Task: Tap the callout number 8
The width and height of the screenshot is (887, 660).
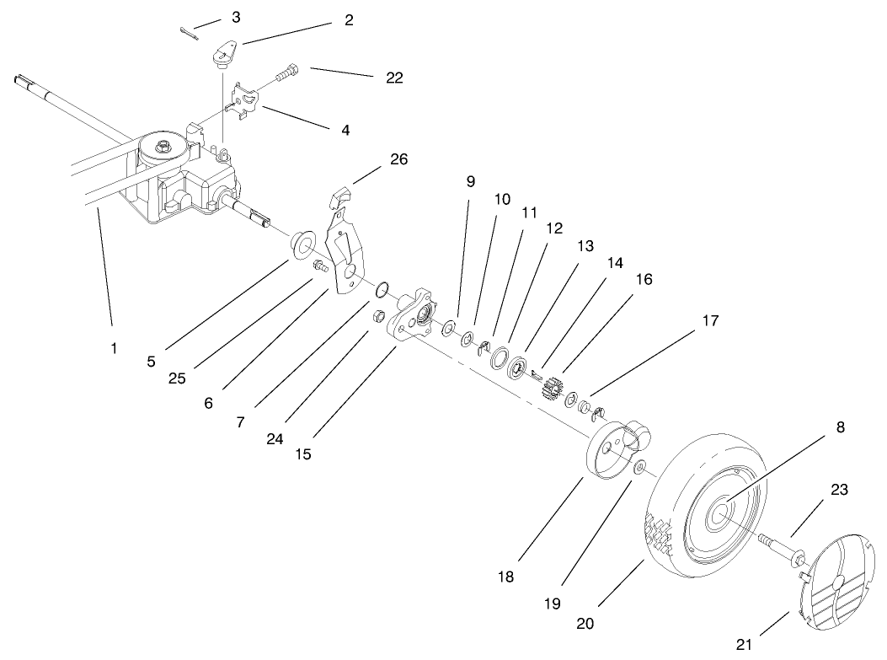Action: click(841, 427)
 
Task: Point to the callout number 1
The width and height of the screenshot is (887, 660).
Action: click(114, 346)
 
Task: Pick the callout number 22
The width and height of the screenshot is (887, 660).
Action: click(393, 78)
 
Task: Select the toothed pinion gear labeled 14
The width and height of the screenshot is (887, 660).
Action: click(553, 389)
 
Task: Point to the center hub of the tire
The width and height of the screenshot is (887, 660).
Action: click(723, 513)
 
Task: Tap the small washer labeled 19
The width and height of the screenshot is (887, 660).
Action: click(641, 467)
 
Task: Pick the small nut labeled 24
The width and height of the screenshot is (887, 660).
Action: click(380, 317)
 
